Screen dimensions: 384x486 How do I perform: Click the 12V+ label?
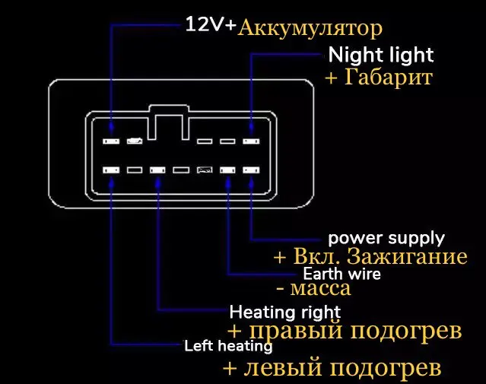pyautogui.click(x=211, y=24)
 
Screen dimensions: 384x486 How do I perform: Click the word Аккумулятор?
pyautogui.click(x=310, y=29)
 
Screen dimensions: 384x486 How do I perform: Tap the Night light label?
pyautogui.click(x=380, y=55)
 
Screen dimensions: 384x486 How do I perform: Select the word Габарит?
pyautogui.click(x=389, y=78)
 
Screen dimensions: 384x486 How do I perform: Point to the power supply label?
pyautogui.click(x=386, y=238)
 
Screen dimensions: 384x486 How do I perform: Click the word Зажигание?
pyautogui.click(x=415, y=255)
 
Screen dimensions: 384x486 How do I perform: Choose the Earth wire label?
pyautogui.click(x=341, y=273)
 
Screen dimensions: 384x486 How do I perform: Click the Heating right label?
pyautogui.click(x=285, y=311)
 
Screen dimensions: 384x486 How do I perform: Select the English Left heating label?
pyautogui.click(x=228, y=346)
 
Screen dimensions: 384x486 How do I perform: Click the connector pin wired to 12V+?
pyautogui.click(x=111, y=141)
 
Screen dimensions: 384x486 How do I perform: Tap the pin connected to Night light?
pyautogui.click(x=250, y=141)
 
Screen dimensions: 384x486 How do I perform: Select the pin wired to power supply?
pyautogui.click(x=250, y=171)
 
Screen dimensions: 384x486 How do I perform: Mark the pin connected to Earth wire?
pyautogui.click(x=227, y=171)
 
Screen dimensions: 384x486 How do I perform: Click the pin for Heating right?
pyautogui.click(x=157, y=171)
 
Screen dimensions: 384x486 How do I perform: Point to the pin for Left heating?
pyautogui.click(x=111, y=171)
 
